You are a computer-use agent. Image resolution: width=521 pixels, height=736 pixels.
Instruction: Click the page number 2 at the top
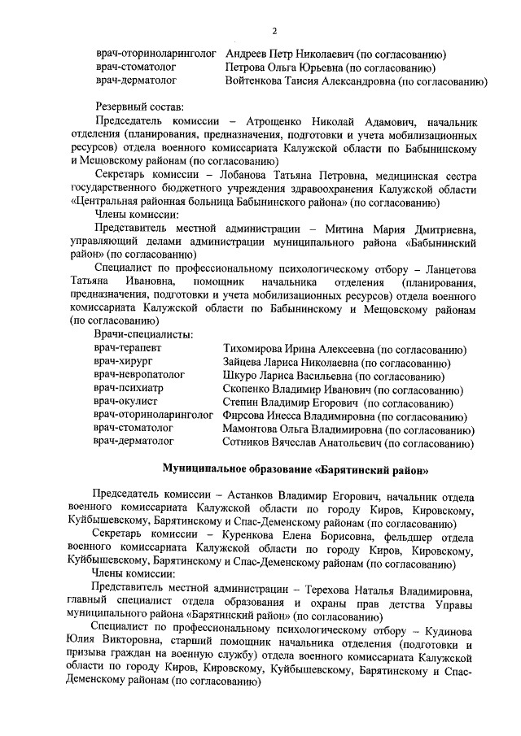point(274,31)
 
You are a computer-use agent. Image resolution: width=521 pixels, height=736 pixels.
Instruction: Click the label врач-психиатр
point(129,389)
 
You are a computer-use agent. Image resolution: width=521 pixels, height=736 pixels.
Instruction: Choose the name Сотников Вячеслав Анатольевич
point(301,442)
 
